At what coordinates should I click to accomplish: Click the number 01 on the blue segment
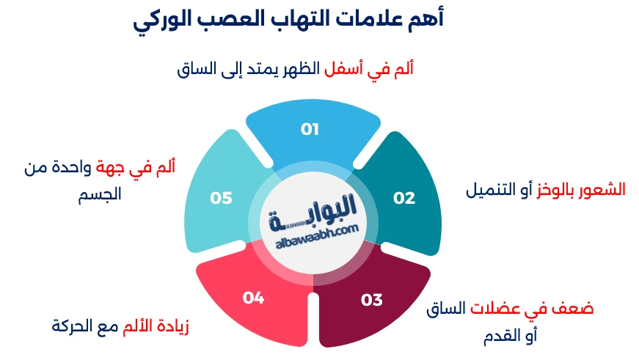click(x=310, y=129)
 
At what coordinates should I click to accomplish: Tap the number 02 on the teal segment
click(x=404, y=198)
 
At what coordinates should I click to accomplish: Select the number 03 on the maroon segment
click(x=372, y=299)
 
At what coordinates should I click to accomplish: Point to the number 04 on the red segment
click(x=253, y=297)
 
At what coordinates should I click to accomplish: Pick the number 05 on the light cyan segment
click(x=221, y=198)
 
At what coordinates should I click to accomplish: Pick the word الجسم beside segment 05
click(x=100, y=196)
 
